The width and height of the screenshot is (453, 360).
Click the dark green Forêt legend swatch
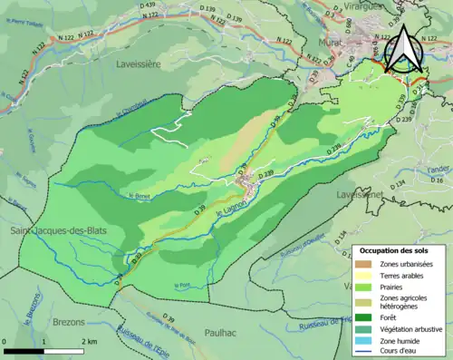tap(367, 317)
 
